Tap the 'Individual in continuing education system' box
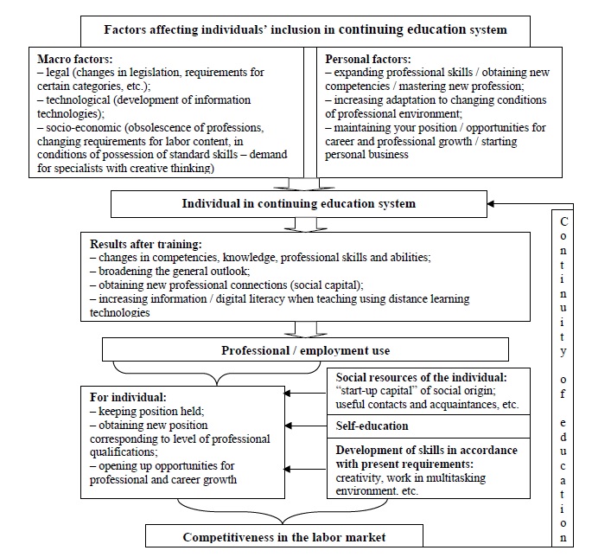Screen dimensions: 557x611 [297, 204]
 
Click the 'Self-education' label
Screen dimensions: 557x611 [372, 426]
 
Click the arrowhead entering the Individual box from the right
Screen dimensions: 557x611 [492, 204]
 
